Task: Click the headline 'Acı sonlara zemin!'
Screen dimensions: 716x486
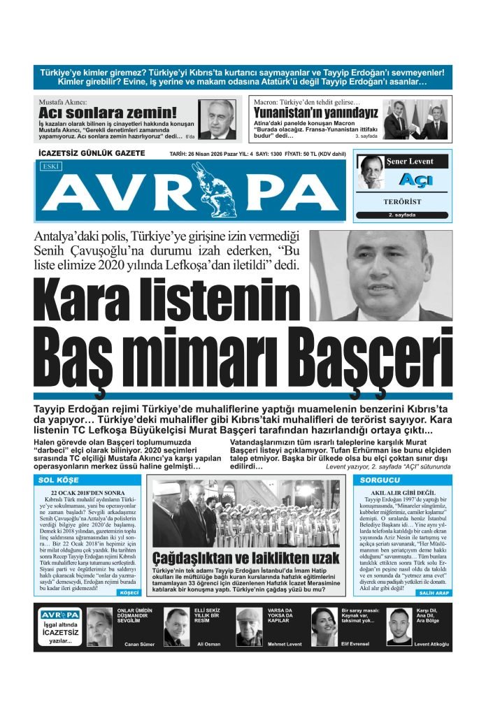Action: click(x=107, y=113)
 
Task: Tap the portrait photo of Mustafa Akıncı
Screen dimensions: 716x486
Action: click(x=217, y=119)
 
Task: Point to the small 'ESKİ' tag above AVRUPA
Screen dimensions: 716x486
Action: click(x=51, y=167)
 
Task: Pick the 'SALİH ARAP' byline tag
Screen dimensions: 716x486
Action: click(x=434, y=593)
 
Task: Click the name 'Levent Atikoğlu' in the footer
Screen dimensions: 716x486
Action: click(x=431, y=644)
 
